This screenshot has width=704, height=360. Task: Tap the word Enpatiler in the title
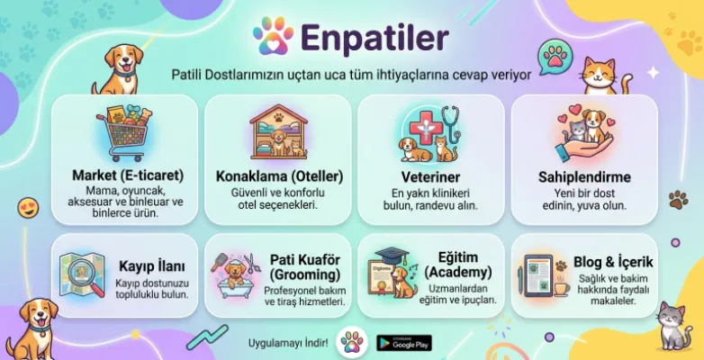375,38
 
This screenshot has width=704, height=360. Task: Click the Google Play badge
403,342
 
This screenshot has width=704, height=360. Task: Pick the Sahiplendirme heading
584,176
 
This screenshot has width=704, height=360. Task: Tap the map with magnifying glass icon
82,274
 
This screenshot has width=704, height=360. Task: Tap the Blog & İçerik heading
612,262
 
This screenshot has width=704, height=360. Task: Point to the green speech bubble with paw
555,58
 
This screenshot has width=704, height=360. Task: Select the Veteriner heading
431,176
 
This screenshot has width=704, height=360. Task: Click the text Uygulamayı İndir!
287,343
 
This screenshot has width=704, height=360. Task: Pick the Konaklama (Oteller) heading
278,176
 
